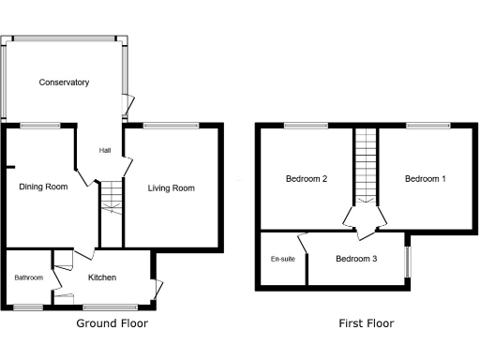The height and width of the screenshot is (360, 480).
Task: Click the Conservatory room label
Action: (64, 82)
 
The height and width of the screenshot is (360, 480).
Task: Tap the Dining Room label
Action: (43, 187)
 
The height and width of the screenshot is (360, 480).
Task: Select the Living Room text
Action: (172, 188)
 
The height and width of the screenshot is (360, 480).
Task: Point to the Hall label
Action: (106, 150)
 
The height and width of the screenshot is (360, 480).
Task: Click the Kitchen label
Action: (102, 277)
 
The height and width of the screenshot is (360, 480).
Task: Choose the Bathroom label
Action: (28, 277)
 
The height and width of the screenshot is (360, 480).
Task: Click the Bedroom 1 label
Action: (425, 179)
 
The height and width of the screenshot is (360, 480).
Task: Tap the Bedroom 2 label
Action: (306, 179)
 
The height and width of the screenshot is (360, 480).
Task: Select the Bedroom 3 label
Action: (356, 259)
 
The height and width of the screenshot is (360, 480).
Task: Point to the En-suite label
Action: (281, 259)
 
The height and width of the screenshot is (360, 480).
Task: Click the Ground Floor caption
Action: (112, 323)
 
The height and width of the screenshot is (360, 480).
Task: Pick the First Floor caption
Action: (366, 323)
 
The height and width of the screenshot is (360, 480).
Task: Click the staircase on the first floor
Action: (365, 164)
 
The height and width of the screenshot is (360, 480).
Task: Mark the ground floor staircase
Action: (112, 197)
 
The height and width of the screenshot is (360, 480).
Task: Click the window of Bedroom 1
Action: (419, 126)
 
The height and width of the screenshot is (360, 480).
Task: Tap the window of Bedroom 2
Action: (300, 126)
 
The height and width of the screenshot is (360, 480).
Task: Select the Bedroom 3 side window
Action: (407, 262)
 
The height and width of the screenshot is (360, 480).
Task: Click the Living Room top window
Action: (171, 126)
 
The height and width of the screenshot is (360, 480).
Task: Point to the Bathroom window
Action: (28, 307)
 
